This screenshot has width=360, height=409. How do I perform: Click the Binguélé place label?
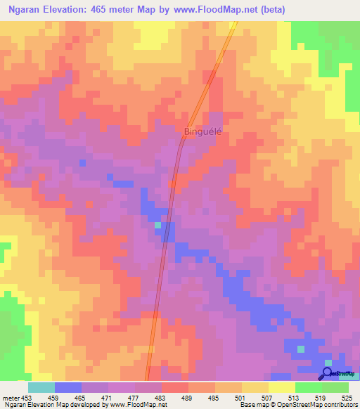pos(202,131)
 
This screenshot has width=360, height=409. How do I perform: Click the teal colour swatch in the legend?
pos(41,387)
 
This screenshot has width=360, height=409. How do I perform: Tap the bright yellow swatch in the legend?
pos(281,387)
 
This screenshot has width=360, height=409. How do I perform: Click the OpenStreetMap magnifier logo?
pos(327,372)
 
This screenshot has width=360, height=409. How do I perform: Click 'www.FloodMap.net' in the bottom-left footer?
pos(138,404)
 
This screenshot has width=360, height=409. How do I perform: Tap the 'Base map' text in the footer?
pos(252,404)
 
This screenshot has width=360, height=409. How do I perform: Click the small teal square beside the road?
pos(157,225)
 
